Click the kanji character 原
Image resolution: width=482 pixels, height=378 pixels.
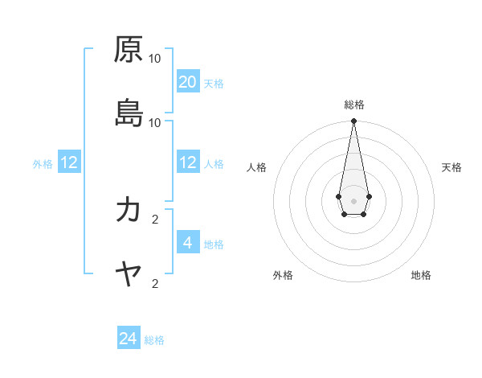(x=129, y=50)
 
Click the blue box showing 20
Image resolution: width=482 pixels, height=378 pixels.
(x=188, y=81)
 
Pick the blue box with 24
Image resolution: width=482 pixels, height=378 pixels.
(x=129, y=339)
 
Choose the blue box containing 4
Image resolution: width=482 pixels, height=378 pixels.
(x=188, y=242)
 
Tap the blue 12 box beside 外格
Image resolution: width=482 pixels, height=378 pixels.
(x=69, y=162)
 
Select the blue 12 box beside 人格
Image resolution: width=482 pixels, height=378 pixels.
(x=188, y=162)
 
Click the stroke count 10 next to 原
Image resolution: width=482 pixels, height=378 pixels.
(x=155, y=59)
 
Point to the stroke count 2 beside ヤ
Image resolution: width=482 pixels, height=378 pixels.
(x=155, y=283)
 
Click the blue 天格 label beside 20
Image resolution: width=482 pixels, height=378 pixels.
(x=214, y=84)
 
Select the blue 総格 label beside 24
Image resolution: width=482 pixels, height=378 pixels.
(x=154, y=341)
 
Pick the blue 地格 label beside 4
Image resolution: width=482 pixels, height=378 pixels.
(x=214, y=244)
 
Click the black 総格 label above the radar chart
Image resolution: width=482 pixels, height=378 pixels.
(x=353, y=105)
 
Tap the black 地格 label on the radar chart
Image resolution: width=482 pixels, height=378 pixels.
(x=421, y=275)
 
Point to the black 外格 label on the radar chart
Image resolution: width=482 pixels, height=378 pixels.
(x=283, y=275)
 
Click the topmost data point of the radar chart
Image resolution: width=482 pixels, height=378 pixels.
(x=353, y=121)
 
